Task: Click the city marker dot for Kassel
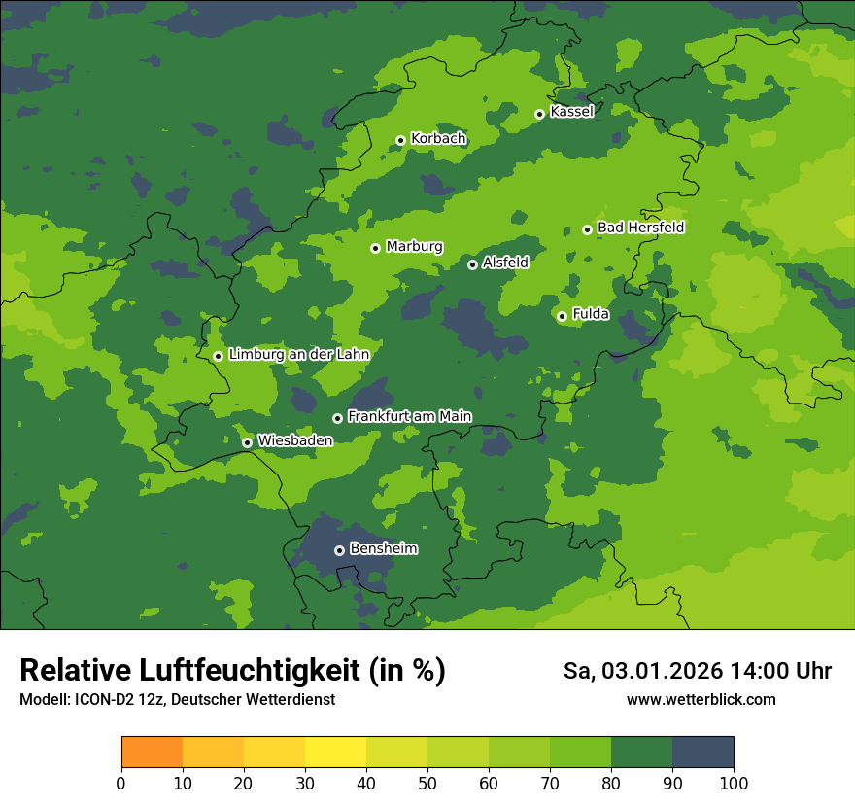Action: click(539, 114)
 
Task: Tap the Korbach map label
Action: click(438, 139)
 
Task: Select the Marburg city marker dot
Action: click(375, 248)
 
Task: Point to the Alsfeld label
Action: click(505, 263)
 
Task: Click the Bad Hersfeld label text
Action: click(640, 228)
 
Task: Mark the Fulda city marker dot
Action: click(562, 315)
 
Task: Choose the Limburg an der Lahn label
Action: click(298, 355)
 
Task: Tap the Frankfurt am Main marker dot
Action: click(337, 418)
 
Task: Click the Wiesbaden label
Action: click(294, 440)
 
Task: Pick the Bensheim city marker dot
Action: click(339, 550)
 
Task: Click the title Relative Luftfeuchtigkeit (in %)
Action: click(232, 671)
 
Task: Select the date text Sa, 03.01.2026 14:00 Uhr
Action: click(697, 671)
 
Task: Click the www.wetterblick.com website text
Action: click(701, 699)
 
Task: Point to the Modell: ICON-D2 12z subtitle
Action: click(177, 699)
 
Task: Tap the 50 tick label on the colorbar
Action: click(427, 784)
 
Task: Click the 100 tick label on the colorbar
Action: click(734, 784)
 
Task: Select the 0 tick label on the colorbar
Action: click(121, 784)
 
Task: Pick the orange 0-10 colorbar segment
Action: click(152, 753)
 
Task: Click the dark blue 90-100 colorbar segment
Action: click(702, 753)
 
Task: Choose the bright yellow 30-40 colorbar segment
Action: click(335, 753)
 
